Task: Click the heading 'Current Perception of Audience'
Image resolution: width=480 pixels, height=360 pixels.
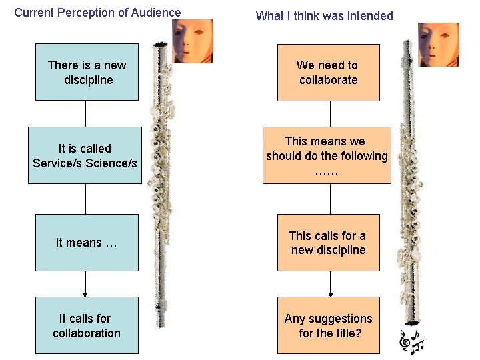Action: (97, 12)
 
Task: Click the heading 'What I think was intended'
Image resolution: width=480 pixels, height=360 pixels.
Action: (325, 16)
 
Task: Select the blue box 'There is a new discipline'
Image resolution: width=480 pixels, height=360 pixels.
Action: (87, 72)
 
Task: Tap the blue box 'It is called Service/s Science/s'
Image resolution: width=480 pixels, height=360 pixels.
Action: (85, 155)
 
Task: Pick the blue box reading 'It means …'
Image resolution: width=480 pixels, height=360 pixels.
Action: (87, 243)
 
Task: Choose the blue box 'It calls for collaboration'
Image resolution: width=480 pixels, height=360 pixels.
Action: (87, 325)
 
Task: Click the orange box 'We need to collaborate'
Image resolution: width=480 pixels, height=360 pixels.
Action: (328, 72)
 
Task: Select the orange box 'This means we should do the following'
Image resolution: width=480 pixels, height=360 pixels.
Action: (327, 155)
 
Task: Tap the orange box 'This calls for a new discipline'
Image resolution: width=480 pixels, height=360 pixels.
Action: (328, 243)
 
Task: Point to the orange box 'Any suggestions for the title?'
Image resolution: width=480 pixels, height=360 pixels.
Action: (328, 325)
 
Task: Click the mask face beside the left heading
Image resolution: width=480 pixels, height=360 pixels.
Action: (193, 40)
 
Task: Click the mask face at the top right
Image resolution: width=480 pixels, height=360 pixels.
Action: (438, 44)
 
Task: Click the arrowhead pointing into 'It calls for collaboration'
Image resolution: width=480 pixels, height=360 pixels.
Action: (85, 293)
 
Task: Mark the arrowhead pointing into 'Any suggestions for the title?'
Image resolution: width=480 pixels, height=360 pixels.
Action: (331, 293)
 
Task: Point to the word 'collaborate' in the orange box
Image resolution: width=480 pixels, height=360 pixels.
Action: (328, 80)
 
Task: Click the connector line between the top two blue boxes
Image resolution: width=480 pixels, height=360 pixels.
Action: (85, 113)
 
